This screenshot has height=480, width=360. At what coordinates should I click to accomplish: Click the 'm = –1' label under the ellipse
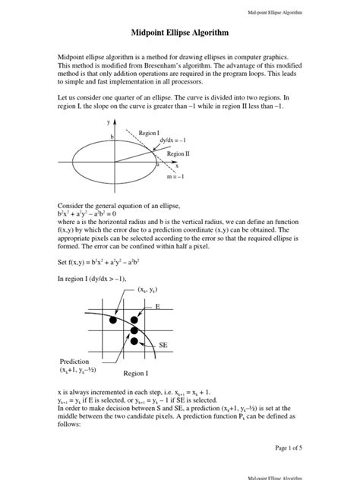click(x=175, y=177)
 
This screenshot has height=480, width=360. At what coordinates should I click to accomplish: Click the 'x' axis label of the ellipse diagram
click(x=177, y=165)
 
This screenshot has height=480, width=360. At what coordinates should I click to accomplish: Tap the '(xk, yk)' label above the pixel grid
click(x=149, y=290)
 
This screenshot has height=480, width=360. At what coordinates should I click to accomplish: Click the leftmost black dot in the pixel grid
click(x=114, y=321)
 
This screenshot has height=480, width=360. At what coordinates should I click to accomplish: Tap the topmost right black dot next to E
click(x=137, y=320)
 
